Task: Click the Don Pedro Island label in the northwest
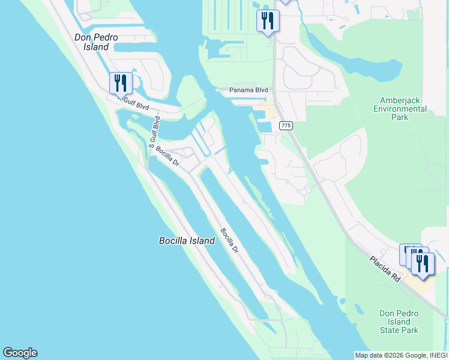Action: pos(92,42)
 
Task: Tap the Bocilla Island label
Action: pos(187,241)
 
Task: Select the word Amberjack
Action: pos(403,100)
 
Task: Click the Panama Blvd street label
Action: pos(249,90)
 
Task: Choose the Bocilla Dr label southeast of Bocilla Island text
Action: pos(229,240)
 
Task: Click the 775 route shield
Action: pos(286,125)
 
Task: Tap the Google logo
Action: pos(20,353)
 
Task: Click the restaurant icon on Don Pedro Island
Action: pos(121,83)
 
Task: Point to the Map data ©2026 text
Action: pos(378,355)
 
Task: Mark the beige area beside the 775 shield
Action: pos(270,111)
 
